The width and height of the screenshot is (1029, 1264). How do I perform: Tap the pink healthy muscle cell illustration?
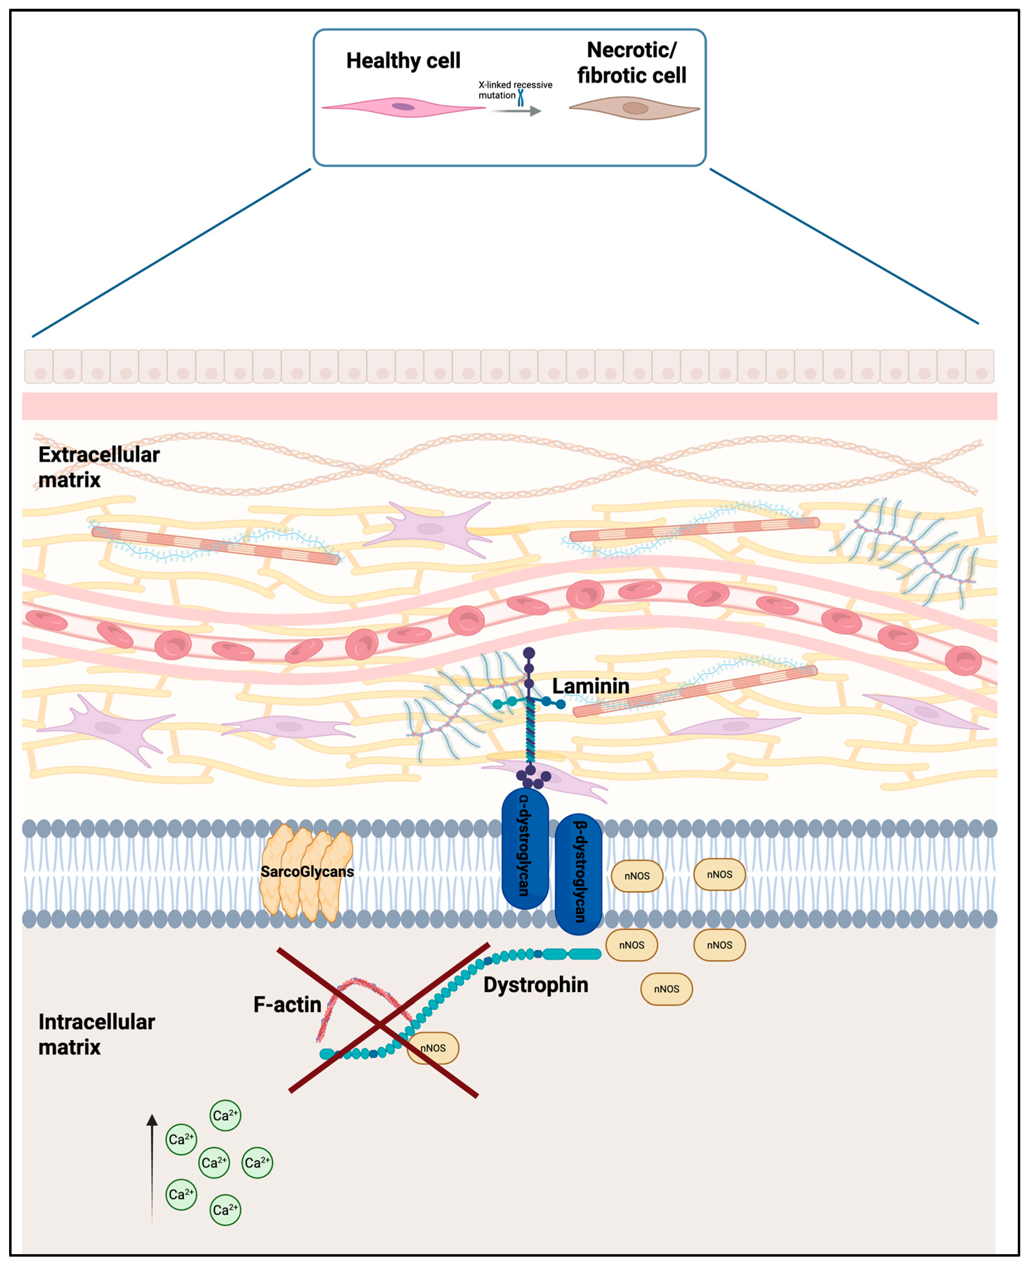click(x=403, y=107)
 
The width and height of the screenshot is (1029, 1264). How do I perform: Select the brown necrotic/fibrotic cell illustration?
click(x=634, y=108)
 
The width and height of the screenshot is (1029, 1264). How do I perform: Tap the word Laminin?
click(x=590, y=686)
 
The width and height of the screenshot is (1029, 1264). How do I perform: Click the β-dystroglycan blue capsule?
click(x=578, y=874)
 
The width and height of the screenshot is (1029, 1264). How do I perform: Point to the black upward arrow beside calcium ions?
click(x=153, y=1168)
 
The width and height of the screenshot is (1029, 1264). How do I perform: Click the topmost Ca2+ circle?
click(x=225, y=1115)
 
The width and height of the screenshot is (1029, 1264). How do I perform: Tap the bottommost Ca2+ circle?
click(x=225, y=1209)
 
